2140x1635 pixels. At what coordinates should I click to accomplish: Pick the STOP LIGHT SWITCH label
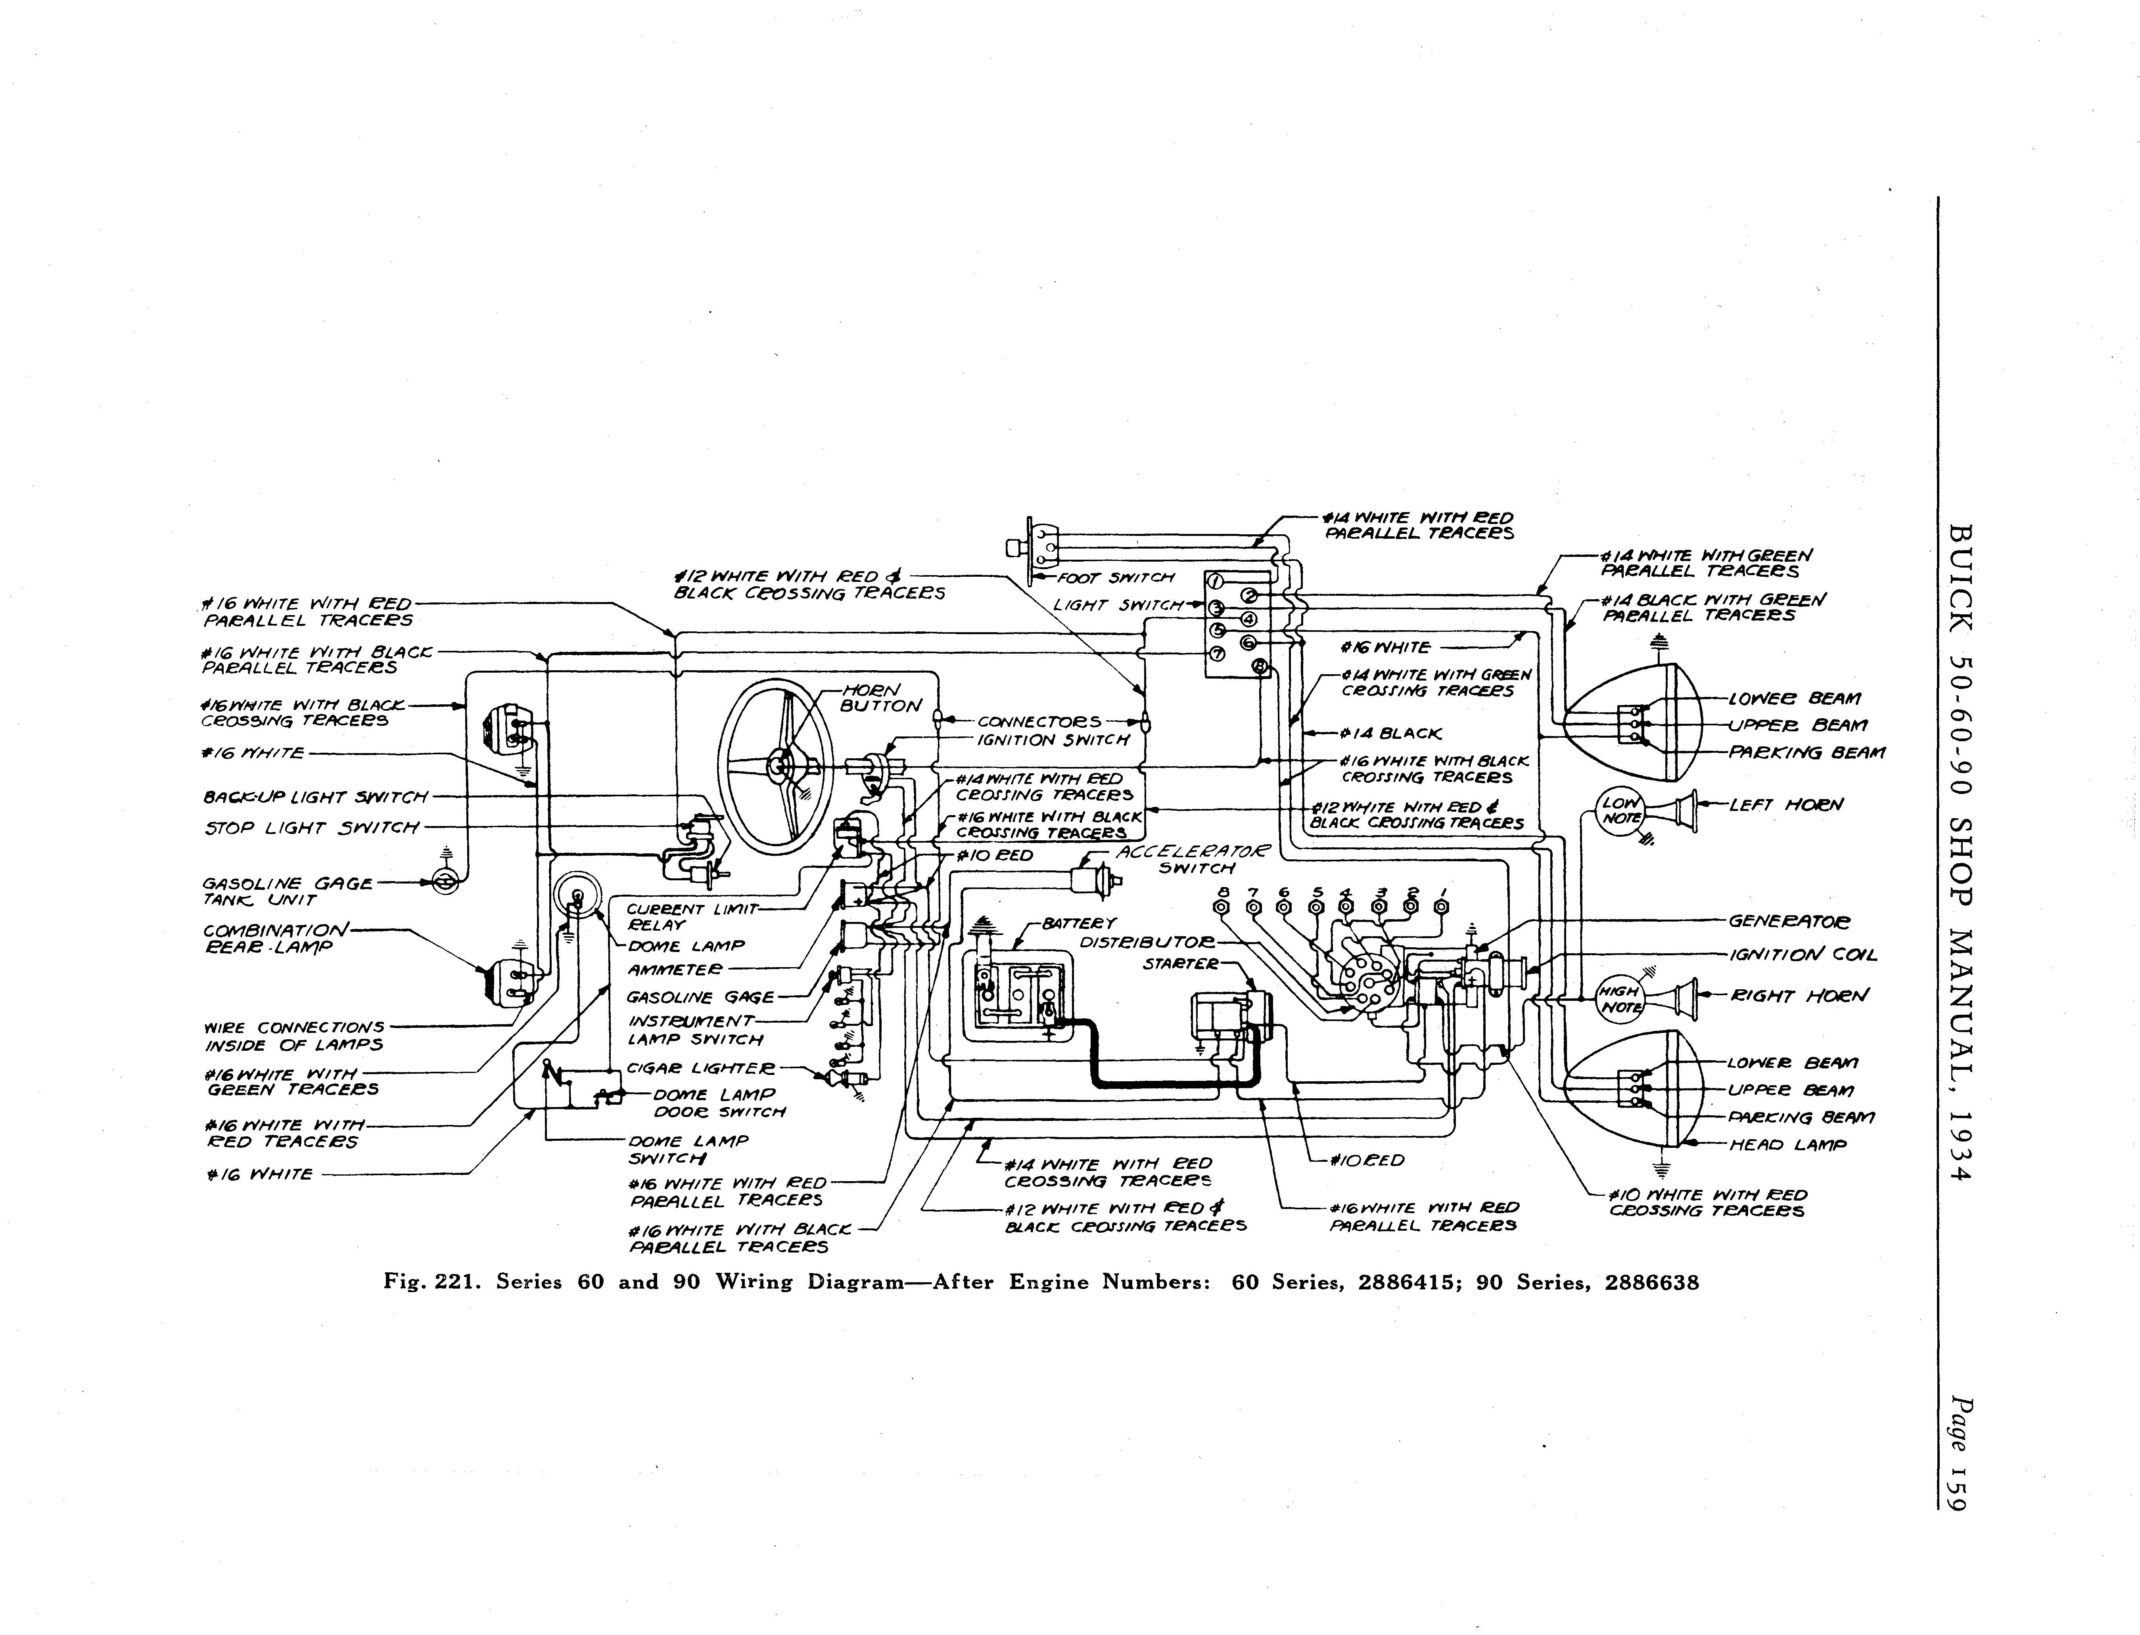click(x=312, y=828)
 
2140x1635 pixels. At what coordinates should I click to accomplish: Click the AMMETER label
click(x=675, y=970)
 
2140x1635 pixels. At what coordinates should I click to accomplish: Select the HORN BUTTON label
click(x=879, y=698)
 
